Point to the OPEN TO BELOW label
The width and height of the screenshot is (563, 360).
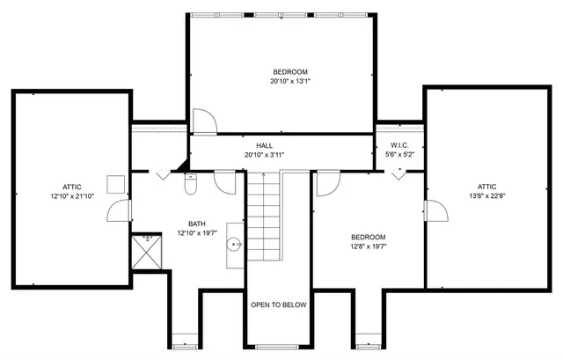pyautogui.click(x=278, y=305)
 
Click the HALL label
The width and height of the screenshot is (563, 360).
pyautogui.click(x=264, y=145)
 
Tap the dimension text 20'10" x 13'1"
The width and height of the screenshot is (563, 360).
pyautogui.click(x=289, y=81)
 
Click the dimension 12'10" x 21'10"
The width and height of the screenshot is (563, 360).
pyautogui.click(x=71, y=196)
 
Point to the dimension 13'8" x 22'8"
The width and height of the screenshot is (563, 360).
pyautogui.click(x=486, y=195)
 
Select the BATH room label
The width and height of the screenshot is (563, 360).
pyautogui.click(x=197, y=224)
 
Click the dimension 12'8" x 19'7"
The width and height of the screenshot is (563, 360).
pyautogui.click(x=368, y=246)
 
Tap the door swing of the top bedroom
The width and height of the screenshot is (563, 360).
pyautogui.click(x=203, y=121)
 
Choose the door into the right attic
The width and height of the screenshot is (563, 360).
pyautogui.click(x=432, y=211)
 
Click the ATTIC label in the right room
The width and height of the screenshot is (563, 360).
pyautogui.click(x=486, y=186)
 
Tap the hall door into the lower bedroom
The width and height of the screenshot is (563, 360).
pyautogui.click(x=326, y=182)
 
